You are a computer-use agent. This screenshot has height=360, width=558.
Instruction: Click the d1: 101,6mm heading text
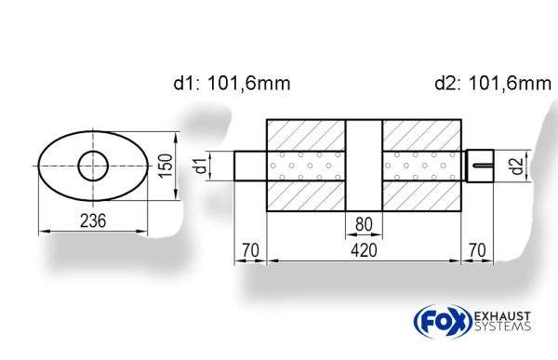coord(232,84)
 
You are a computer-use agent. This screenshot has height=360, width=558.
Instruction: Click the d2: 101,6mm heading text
coord(492,84)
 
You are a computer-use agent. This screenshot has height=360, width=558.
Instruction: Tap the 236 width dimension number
coord(91,220)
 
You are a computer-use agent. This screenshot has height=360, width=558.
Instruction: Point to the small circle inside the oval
coord(93,167)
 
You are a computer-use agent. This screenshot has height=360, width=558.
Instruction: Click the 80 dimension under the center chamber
coord(364,223)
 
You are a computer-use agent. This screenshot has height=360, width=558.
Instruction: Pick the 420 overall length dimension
coord(364,250)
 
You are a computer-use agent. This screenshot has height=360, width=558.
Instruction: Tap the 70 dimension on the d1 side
coord(248,250)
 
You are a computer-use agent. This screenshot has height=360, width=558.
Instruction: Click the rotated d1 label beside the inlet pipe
coord(200,167)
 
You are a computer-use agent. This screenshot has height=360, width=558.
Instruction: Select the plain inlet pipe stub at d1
coord(249,167)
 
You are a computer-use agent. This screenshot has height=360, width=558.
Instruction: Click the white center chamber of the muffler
coord(364,167)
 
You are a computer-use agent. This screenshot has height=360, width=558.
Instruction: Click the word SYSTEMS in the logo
coord(501,327)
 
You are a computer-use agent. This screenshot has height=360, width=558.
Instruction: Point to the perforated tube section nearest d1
coord(307,167)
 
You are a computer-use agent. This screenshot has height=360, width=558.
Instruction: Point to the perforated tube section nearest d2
coord(420,167)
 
